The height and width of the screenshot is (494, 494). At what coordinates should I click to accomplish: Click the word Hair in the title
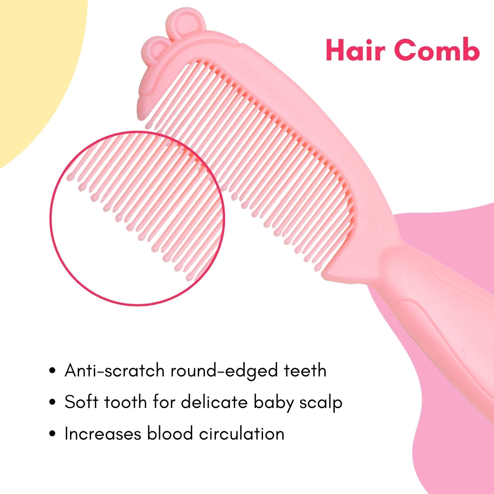point(355,50)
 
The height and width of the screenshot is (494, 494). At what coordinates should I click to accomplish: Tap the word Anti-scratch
point(114,370)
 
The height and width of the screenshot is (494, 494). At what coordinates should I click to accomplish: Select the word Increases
point(103,434)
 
